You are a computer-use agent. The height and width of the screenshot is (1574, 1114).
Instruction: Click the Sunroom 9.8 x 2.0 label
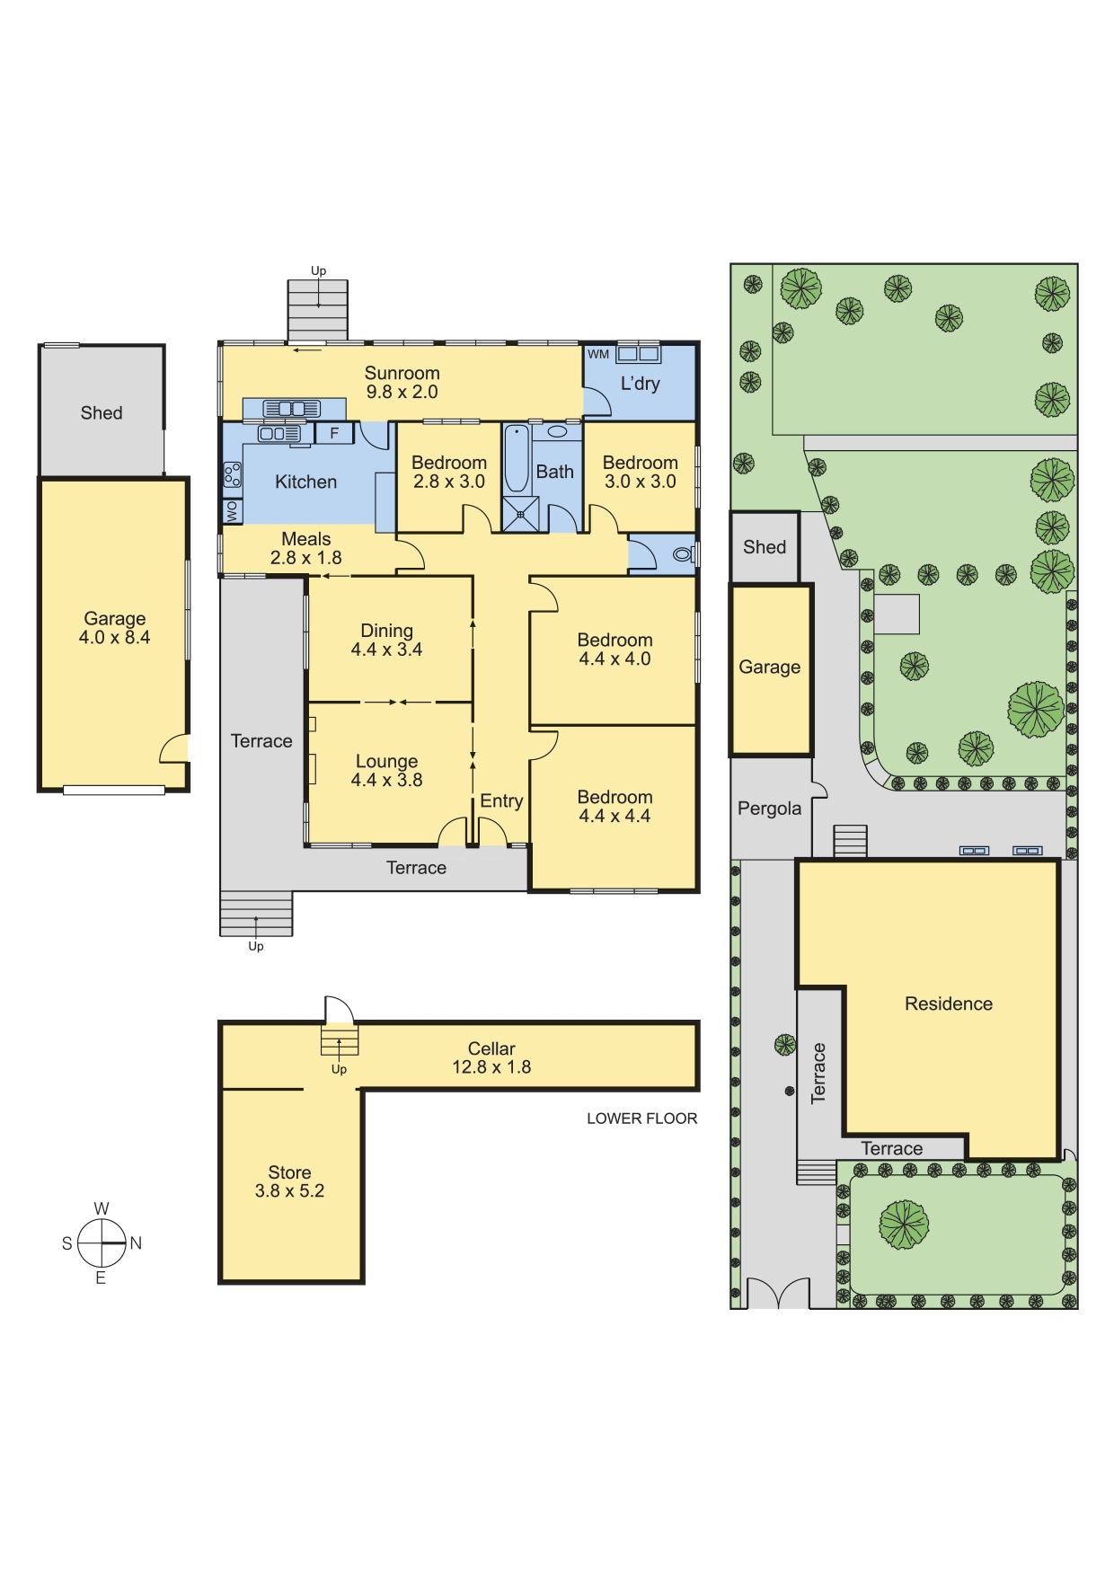[402, 383]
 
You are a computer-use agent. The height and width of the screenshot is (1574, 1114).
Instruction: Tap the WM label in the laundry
[598, 355]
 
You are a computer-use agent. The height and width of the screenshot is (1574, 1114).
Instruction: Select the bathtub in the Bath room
[517, 458]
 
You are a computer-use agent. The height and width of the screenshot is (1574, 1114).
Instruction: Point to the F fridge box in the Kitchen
[334, 434]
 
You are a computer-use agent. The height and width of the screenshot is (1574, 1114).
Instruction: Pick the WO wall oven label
[232, 511]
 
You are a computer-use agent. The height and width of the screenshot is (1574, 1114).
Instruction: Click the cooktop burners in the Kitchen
[232, 474]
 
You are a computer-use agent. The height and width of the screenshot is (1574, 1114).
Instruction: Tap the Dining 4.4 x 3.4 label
[386, 641]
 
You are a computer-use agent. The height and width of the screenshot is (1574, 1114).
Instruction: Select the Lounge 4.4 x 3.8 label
[386, 771]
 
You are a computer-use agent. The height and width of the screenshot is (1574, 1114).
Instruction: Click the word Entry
[501, 800]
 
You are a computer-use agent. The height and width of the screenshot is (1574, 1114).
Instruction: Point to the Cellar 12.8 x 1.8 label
[491, 1058]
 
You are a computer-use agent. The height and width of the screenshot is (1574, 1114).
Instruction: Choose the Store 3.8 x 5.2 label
[289, 1181]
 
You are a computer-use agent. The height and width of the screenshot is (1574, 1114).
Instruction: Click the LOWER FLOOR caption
[642, 1119]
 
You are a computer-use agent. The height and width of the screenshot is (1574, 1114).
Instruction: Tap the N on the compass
[136, 1243]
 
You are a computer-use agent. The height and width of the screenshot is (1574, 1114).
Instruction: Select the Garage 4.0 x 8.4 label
[115, 628]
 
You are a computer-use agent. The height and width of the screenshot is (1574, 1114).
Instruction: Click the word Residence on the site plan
[949, 1004]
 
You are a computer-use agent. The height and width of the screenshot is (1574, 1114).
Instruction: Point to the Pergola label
[769, 809]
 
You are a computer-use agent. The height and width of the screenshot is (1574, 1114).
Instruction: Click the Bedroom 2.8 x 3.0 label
[449, 472]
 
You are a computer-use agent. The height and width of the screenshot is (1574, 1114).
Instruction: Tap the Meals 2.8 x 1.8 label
[306, 548]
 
